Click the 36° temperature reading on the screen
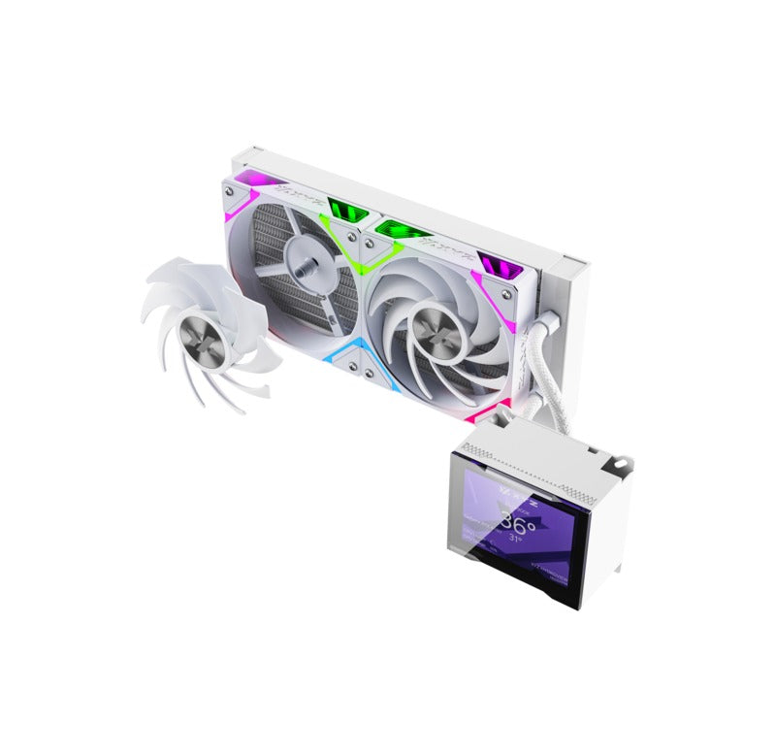click(x=517, y=527)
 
